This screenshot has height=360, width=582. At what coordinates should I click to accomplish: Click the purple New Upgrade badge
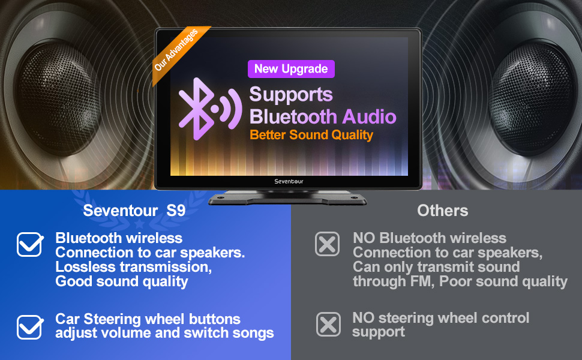pyautogui.click(x=291, y=69)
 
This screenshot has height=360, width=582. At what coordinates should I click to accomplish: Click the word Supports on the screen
pyautogui.click(x=290, y=94)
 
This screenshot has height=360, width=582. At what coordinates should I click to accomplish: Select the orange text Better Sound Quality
pyautogui.click(x=311, y=134)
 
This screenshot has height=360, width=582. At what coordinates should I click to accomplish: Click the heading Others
pyautogui.click(x=442, y=211)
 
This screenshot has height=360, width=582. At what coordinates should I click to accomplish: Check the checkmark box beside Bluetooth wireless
pyautogui.click(x=29, y=244)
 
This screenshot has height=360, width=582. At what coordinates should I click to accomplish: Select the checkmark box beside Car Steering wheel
pyautogui.click(x=29, y=326)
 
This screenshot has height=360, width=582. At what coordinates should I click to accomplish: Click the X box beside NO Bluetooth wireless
pyautogui.click(x=327, y=244)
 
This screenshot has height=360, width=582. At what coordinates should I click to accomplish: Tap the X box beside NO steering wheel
pyautogui.click(x=328, y=325)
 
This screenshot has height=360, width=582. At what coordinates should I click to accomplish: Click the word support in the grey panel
pyautogui.click(x=378, y=332)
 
